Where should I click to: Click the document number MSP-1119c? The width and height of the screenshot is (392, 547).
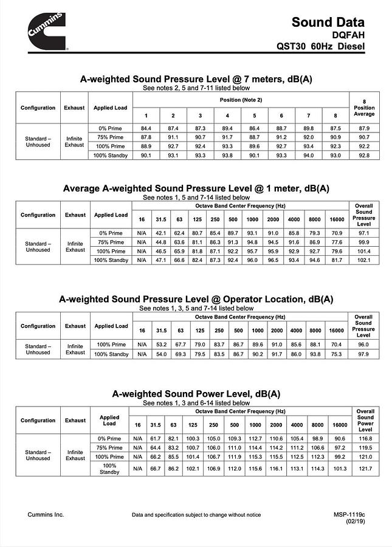[x=349, y=515]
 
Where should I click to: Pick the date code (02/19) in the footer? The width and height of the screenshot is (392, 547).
[x=355, y=521]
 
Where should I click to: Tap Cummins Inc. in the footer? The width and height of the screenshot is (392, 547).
[x=46, y=515]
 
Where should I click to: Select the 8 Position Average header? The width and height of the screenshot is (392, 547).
[x=364, y=108]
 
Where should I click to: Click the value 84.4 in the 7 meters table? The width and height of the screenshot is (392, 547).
[x=146, y=128]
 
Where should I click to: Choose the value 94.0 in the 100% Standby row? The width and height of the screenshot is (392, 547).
[x=308, y=155]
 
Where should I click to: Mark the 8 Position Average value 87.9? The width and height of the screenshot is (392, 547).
[x=364, y=128]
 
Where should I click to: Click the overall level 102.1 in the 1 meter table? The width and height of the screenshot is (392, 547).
[x=363, y=260]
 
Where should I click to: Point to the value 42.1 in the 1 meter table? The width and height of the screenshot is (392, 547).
[x=161, y=233]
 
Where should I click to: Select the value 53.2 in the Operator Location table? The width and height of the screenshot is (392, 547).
[x=161, y=344]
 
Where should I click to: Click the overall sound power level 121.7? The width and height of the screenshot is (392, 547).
[x=365, y=469]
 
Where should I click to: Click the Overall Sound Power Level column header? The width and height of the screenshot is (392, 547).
[x=365, y=420]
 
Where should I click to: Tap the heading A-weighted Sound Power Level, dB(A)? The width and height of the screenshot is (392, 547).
[x=196, y=394]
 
